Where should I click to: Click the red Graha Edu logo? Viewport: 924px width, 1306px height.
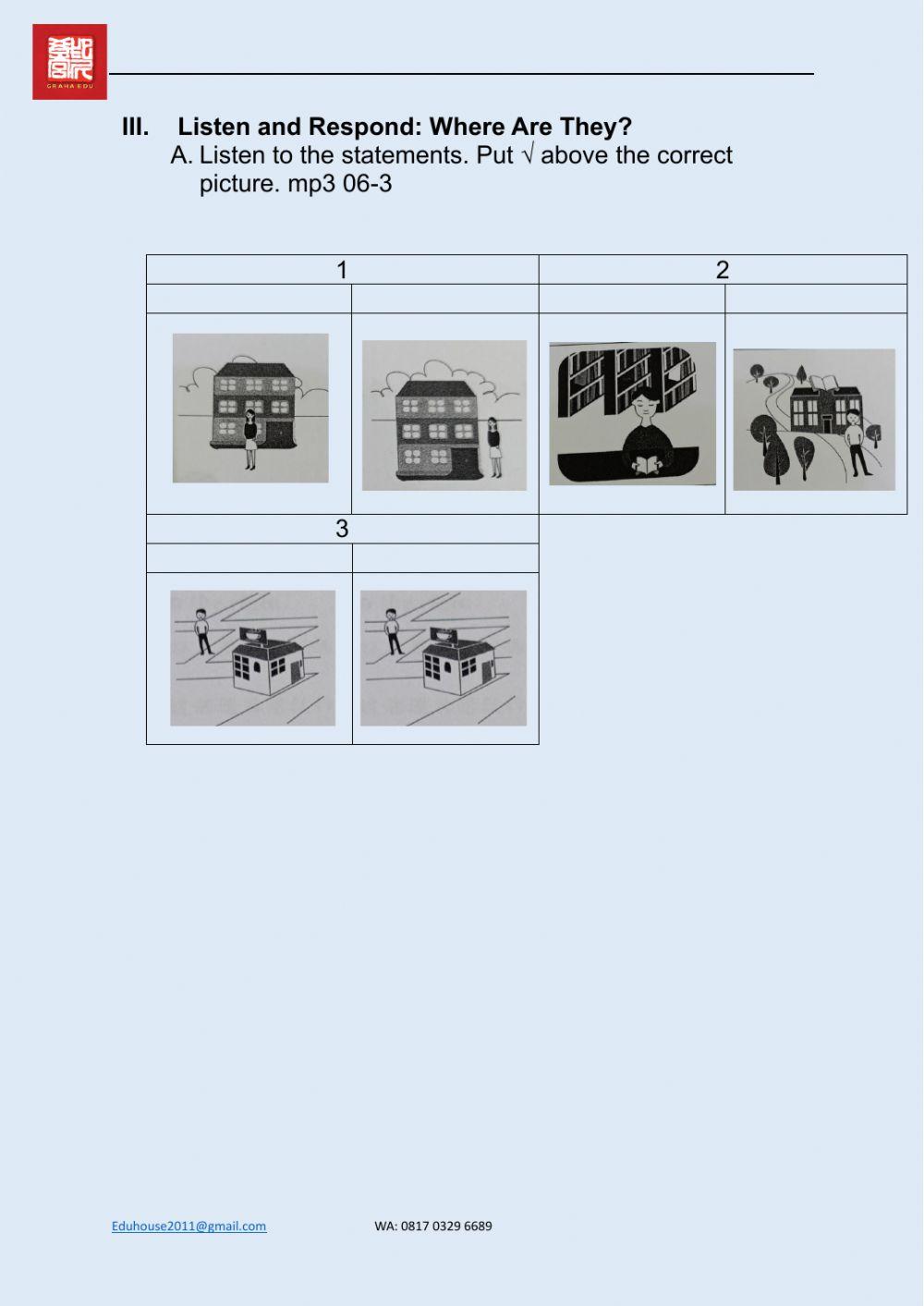point(69,62)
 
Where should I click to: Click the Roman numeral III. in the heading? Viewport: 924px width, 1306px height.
point(135,127)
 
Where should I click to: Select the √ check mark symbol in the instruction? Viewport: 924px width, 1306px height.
point(528,154)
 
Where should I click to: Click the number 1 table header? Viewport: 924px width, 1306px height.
point(342,270)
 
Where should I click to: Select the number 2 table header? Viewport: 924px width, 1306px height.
point(723,270)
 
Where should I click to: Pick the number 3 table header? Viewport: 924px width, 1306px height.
point(342,529)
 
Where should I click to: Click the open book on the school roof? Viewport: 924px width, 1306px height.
point(825,382)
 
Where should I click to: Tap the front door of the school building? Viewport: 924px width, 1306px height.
point(825,423)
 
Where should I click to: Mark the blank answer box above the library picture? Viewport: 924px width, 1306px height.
point(632,299)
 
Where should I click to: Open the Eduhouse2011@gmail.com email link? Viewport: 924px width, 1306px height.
point(188,1226)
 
